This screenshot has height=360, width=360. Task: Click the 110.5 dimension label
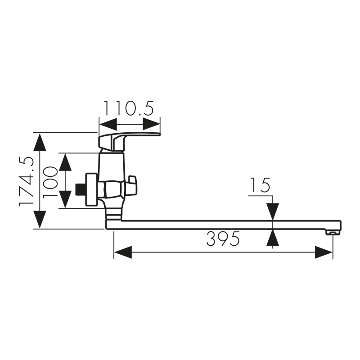click(x=129, y=108)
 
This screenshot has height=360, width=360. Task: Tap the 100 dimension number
click(x=50, y=181)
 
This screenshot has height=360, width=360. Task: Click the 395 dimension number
click(x=223, y=239)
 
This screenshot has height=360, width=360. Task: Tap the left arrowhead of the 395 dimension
click(x=122, y=252)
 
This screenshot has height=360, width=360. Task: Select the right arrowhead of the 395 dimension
click(x=324, y=252)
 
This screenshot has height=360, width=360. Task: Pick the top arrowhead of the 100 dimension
click(x=65, y=162)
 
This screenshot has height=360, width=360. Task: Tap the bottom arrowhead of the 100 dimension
click(x=65, y=199)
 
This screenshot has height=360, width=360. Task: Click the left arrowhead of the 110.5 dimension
click(x=108, y=125)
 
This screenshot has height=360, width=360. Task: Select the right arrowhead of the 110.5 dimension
click(x=151, y=125)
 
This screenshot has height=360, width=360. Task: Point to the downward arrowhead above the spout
click(x=272, y=211)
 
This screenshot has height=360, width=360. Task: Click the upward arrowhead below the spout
click(x=272, y=238)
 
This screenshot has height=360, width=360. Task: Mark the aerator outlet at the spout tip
click(x=332, y=232)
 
